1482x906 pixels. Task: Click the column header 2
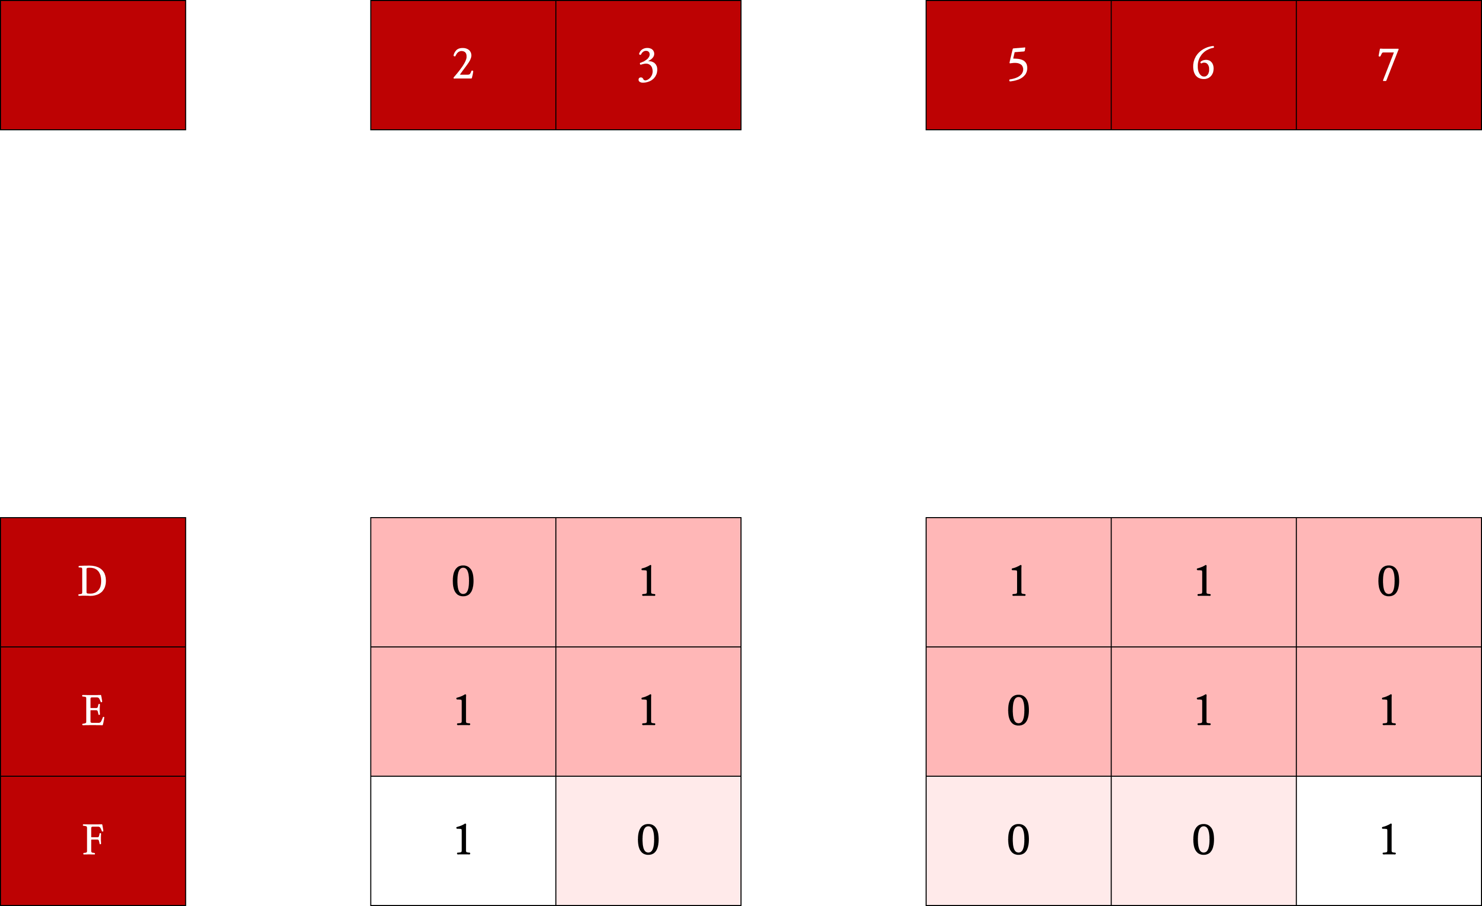click(463, 65)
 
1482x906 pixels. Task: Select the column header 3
click(648, 65)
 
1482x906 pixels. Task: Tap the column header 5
click(1018, 65)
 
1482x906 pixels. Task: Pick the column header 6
click(1203, 65)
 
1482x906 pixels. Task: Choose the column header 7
click(1388, 65)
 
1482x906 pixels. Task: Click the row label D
click(92, 581)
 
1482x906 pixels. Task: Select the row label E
click(92, 711)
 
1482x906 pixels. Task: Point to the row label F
click(92, 840)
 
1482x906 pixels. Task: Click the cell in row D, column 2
click(463, 581)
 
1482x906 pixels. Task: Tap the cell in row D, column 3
click(648, 581)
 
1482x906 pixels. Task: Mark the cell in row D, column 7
click(1388, 581)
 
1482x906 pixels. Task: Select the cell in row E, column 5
click(1018, 711)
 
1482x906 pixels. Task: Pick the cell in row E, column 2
click(463, 711)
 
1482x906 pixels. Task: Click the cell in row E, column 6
click(1203, 711)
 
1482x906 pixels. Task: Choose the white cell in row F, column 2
click(463, 840)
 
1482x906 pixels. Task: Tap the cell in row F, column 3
click(648, 840)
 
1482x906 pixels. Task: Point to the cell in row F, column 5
click(1018, 840)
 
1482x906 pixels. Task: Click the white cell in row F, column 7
click(1388, 840)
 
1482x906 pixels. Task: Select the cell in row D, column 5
click(1018, 581)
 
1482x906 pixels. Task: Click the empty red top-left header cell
click(92, 65)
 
